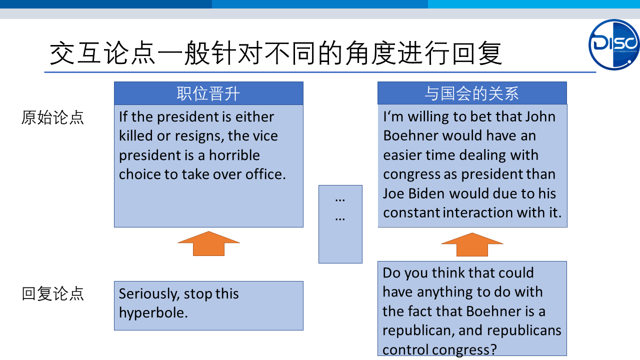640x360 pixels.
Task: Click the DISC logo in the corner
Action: (613, 44)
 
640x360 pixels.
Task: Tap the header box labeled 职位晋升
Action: (208, 93)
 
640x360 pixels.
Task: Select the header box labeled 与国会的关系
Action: (472, 93)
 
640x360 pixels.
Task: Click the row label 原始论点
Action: (52, 117)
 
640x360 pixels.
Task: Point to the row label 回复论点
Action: (53, 293)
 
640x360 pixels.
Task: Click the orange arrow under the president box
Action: (208, 243)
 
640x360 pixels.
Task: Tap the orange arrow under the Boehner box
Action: (472, 244)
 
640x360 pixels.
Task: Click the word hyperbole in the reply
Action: (153, 313)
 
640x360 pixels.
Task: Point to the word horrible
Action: (234, 155)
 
